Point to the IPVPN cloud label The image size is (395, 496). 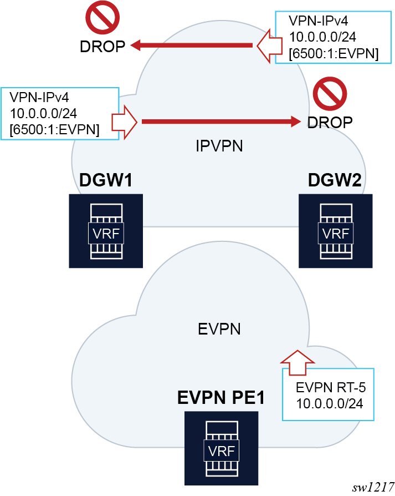point(219,146)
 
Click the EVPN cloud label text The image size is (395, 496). point(219,329)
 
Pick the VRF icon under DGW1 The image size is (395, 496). point(106,231)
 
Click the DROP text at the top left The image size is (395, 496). point(102,45)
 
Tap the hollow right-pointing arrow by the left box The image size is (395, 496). point(125,120)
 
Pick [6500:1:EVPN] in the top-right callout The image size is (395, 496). point(334,54)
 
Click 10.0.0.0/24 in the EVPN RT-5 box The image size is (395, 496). point(329,403)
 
